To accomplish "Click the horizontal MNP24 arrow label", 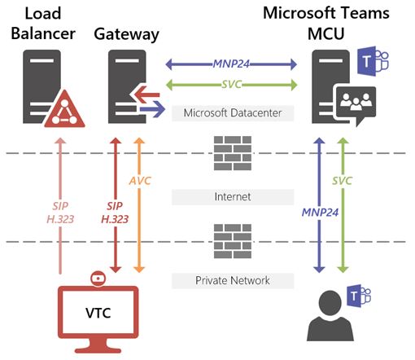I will click(232, 63).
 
